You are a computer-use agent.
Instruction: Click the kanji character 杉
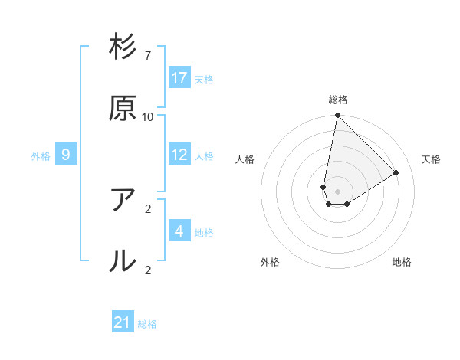click(x=123, y=48)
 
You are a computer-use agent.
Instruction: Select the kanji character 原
click(x=123, y=109)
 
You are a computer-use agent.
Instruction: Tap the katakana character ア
click(x=123, y=200)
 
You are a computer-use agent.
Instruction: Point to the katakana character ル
click(x=123, y=260)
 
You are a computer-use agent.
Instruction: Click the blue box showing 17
click(x=179, y=78)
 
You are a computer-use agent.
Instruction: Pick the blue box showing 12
click(x=179, y=155)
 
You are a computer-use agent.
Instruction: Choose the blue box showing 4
click(x=179, y=231)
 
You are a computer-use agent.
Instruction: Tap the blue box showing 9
click(x=66, y=155)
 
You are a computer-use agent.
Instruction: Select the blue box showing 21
click(x=123, y=323)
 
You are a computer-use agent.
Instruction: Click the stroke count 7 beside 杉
click(x=148, y=56)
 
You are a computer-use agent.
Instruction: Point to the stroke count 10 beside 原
click(x=148, y=117)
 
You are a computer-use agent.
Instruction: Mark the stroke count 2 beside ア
click(x=148, y=208)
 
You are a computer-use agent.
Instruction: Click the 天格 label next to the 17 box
click(x=204, y=79)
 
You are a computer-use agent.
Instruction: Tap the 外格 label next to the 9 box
click(x=41, y=156)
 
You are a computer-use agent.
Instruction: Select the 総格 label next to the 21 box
click(x=147, y=324)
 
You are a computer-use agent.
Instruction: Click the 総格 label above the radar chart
click(x=338, y=100)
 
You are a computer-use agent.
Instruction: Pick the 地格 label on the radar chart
click(x=402, y=262)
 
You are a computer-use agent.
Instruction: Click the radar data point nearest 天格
click(x=396, y=172)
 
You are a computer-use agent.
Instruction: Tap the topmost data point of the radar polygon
click(x=337, y=116)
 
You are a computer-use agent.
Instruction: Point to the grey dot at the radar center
click(x=338, y=191)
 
